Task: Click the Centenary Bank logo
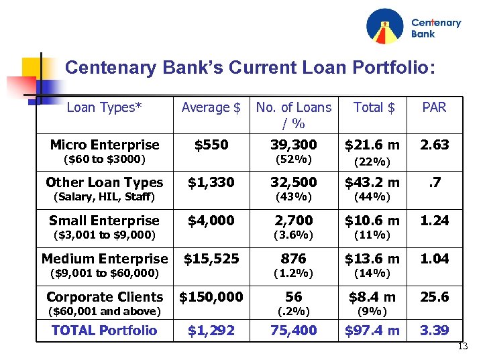click(x=413, y=27)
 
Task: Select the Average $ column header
click(x=211, y=107)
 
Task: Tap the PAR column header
click(x=434, y=107)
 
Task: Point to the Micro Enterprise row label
click(x=105, y=145)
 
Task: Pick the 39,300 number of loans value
click(x=294, y=145)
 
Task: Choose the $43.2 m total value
click(x=372, y=182)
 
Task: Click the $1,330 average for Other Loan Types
click(x=211, y=182)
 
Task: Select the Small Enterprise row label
click(x=104, y=221)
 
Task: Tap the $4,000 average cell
click(x=211, y=221)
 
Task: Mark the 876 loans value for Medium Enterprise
click(x=294, y=259)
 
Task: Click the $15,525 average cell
click(x=211, y=259)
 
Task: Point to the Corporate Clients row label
click(x=105, y=297)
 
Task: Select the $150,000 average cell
click(x=211, y=297)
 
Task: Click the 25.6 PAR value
click(x=434, y=297)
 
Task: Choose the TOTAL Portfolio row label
click(x=104, y=330)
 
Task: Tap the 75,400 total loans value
click(x=294, y=330)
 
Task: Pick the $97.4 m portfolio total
click(x=372, y=330)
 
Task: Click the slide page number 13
click(x=462, y=346)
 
